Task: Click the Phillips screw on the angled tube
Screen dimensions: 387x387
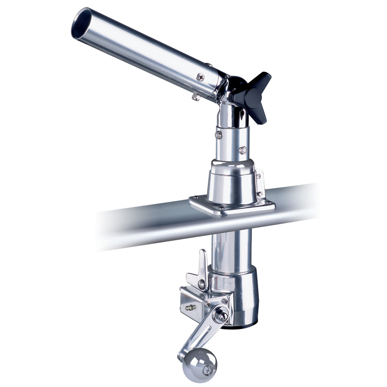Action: click(x=200, y=77)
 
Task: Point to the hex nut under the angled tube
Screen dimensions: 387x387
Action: click(x=196, y=97)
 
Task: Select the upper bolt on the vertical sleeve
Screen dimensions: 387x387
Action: click(x=219, y=135)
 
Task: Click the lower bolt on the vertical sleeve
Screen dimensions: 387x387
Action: click(x=243, y=150)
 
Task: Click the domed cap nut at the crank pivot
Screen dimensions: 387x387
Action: click(x=221, y=315)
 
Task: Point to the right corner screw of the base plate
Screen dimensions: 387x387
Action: click(x=269, y=202)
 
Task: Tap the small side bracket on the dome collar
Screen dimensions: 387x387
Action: click(x=259, y=182)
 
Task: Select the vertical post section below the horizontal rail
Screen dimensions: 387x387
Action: click(x=231, y=248)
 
